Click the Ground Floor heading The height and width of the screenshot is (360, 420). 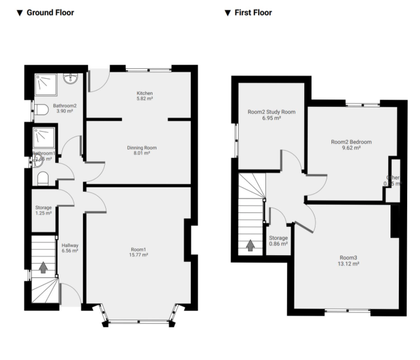[50, 13]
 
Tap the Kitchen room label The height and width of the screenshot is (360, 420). [145, 93]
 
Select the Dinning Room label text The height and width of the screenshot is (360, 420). [142, 148]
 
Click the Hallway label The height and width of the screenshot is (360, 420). [70, 245]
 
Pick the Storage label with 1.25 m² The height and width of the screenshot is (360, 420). [43, 208]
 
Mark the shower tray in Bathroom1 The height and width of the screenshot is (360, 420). [43, 137]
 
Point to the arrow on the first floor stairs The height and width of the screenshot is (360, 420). [250, 245]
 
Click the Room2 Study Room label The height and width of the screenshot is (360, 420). [271, 112]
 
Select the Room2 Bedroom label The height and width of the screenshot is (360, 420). [351, 142]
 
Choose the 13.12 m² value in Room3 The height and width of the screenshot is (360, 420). [349, 264]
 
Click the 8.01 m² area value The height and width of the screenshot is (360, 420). [142, 153]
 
